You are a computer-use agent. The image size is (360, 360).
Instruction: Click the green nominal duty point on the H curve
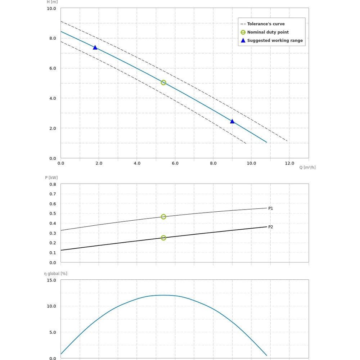click(163, 82)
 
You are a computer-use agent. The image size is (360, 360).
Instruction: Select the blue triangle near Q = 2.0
click(95, 48)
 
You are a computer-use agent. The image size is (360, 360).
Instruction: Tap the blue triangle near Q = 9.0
click(232, 121)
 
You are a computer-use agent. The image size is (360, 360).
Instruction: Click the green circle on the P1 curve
click(163, 217)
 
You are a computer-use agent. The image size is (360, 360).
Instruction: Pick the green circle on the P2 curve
click(163, 238)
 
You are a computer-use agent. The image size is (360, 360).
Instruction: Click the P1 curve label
click(271, 208)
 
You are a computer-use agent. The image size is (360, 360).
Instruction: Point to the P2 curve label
click(271, 227)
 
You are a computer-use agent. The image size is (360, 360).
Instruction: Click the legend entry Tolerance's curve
click(266, 24)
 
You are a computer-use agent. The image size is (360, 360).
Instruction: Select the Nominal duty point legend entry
click(268, 32)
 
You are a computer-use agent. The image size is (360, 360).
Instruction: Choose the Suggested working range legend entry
click(275, 41)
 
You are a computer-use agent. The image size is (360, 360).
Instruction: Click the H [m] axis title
click(52, 2)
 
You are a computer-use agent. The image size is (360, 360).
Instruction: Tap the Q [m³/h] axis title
click(307, 167)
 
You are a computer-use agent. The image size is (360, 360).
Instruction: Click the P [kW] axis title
click(51, 177)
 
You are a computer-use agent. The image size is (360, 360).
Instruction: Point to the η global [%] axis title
click(56, 274)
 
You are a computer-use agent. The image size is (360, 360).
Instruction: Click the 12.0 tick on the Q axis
click(289, 163)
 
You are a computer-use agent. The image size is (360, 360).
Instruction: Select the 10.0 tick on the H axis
click(51, 8)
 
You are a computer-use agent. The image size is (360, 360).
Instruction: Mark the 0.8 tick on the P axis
click(53, 184)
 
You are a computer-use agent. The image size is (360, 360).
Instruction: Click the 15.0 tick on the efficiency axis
click(51, 280)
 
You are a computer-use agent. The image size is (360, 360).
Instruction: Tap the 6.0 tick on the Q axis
click(175, 163)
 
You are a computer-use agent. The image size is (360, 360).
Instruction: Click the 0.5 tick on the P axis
click(53, 213)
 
